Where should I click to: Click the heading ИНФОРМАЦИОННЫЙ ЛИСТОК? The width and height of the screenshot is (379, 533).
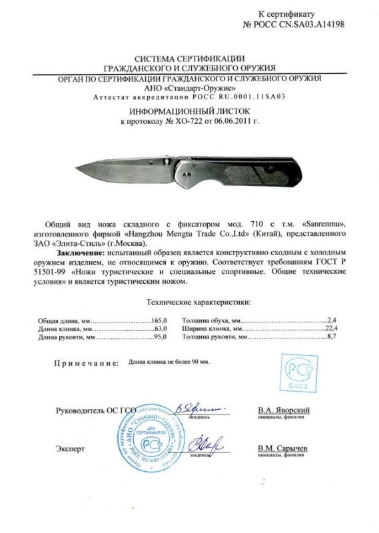tap(189, 112)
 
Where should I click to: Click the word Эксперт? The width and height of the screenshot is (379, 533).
tap(71, 449)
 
